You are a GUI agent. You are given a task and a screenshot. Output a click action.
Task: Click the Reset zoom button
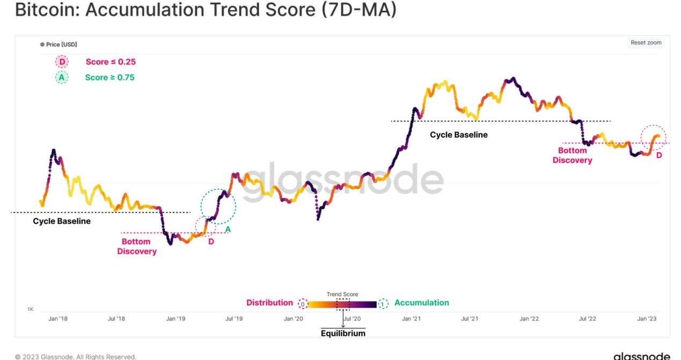646,43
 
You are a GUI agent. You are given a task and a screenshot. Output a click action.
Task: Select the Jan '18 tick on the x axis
58,319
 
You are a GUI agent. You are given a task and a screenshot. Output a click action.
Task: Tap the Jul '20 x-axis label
352,319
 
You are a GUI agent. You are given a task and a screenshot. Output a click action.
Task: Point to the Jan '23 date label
647,319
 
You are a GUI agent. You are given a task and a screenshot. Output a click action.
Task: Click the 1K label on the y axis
31,310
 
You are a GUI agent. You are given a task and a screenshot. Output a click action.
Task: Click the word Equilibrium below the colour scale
343,333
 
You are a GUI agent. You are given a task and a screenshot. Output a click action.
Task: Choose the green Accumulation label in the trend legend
421,303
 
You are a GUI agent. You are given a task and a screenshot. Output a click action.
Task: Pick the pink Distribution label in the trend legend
269,303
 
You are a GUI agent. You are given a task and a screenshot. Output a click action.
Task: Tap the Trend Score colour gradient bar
342,304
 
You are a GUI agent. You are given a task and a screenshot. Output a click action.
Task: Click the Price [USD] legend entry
61,45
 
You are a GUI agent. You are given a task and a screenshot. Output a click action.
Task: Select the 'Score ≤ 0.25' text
111,62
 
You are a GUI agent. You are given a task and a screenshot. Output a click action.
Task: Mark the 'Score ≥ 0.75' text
109,77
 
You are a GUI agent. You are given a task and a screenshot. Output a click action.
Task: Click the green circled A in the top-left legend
62,77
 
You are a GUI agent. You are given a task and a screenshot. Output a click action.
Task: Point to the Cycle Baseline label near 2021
459,135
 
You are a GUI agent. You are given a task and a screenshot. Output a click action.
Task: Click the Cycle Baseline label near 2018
62,221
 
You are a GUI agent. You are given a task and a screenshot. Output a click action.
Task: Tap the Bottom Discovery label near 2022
572,156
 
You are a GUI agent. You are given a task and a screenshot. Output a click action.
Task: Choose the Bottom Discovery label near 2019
136,246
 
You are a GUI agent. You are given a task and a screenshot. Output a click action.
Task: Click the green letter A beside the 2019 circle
228,230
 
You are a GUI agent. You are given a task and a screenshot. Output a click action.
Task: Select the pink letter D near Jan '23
659,156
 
